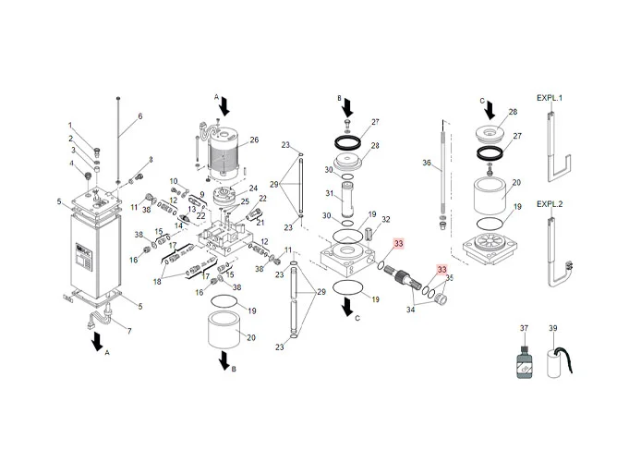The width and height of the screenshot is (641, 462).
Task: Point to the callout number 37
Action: click(x=524, y=329)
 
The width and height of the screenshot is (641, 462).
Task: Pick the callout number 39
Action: click(x=554, y=329)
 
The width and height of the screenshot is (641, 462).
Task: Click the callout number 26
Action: click(x=255, y=140)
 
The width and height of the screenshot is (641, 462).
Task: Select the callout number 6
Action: click(x=140, y=116)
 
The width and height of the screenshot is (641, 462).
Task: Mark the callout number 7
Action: click(x=128, y=331)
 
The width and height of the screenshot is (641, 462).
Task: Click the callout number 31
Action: click(x=328, y=193)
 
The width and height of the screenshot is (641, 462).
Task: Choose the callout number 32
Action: click(x=386, y=220)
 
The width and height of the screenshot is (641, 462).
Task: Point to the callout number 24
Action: click(x=253, y=188)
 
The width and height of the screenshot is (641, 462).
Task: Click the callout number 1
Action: click(x=69, y=126)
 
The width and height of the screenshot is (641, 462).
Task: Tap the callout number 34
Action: click(x=411, y=311)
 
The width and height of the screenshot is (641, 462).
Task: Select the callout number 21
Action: click(x=260, y=222)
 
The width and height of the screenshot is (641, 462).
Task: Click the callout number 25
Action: click(x=245, y=201)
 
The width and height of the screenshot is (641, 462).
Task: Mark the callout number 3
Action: click(x=73, y=151)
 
